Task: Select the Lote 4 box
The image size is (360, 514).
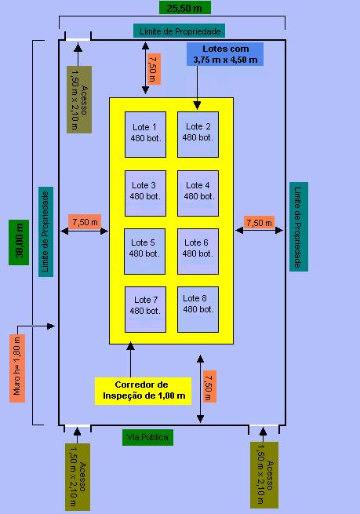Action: tap(198, 191)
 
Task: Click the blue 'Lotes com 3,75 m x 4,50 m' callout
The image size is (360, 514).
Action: tap(225, 54)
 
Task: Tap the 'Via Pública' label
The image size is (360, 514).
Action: tap(148, 437)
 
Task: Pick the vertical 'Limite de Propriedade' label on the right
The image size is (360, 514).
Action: tap(299, 227)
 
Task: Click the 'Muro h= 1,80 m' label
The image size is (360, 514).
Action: tap(16, 368)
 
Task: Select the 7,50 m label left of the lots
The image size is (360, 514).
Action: tap(85, 222)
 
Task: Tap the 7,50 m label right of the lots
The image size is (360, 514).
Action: tap(260, 223)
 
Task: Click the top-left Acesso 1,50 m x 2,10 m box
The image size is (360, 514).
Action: tap(80, 99)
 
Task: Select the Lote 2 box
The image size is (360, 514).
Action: tap(198, 133)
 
